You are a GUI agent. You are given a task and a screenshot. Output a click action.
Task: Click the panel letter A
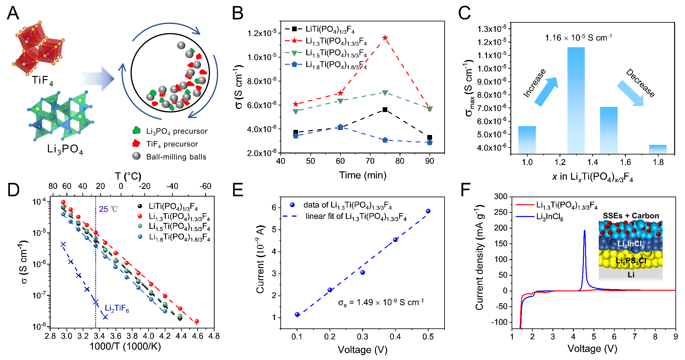point(13,13)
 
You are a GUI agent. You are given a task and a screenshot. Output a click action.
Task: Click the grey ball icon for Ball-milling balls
point(136,156)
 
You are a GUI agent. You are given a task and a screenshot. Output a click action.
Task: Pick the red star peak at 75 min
point(385,38)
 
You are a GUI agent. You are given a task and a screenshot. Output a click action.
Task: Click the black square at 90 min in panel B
point(430,138)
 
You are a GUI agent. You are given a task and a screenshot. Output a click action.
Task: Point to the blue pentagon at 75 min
point(385,140)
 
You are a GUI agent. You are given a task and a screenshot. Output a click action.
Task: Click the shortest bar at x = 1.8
point(658,149)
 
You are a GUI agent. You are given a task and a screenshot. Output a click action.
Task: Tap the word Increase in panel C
point(534,83)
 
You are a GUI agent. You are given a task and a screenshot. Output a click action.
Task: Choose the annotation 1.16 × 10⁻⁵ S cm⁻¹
point(578,38)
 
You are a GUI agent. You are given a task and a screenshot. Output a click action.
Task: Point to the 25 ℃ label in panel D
point(108,209)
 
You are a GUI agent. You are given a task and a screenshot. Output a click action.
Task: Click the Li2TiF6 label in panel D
point(117,308)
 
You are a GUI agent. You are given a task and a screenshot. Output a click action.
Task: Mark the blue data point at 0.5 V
point(428,211)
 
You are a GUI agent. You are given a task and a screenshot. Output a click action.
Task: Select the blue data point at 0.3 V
point(362,272)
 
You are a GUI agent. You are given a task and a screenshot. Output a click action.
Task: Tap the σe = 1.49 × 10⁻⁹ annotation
point(381,302)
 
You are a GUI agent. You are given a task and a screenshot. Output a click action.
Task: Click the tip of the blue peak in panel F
point(584,231)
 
